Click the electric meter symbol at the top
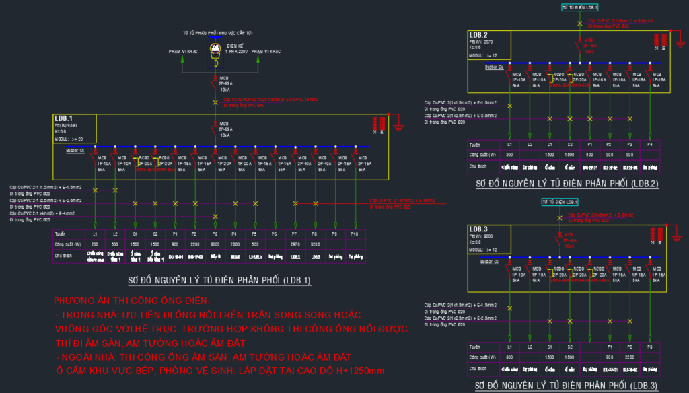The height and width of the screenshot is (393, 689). click(215, 49)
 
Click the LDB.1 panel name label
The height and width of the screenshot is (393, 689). click(64, 118)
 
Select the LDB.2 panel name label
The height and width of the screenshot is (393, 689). click(478, 35)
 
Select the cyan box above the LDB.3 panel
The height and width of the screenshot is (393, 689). click(558, 202)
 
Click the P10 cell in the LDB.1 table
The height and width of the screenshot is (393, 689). click(355, 234)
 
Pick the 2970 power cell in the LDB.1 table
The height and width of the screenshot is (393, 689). click(294, 244)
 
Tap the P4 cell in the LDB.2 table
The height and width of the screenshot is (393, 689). click(649, 145)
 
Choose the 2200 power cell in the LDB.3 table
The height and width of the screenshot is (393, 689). click(630, 357)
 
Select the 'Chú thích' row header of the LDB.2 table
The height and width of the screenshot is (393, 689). click(478, 166)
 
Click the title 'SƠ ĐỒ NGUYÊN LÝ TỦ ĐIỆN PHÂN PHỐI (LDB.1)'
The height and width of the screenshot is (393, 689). click(219, 280)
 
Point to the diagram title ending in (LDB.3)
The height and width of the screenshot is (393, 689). click(566, 386)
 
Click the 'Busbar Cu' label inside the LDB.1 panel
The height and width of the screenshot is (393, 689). click(74, 151)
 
